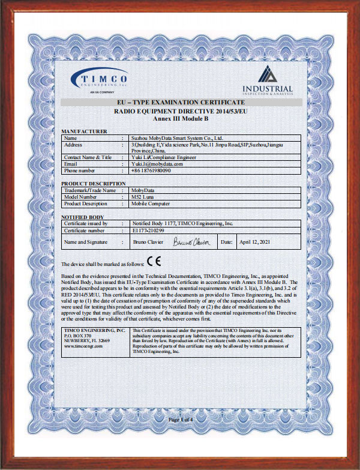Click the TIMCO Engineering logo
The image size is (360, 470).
point(99,80)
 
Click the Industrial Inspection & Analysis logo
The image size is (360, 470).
point(268,81)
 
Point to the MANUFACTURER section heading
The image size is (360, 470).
point(85,131)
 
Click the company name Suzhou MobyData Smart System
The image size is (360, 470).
point(177,138)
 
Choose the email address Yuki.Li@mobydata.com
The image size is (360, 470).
point(157,164)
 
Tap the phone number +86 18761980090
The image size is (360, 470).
point(151,170)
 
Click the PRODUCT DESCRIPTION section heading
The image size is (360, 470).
point(94,183)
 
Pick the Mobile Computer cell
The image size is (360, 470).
point(151,203)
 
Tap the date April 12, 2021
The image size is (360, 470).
point(256,241)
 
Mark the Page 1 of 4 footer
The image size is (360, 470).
point(181,418)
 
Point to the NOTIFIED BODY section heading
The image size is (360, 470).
point(83,217)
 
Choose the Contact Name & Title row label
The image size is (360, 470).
point(88,157)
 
